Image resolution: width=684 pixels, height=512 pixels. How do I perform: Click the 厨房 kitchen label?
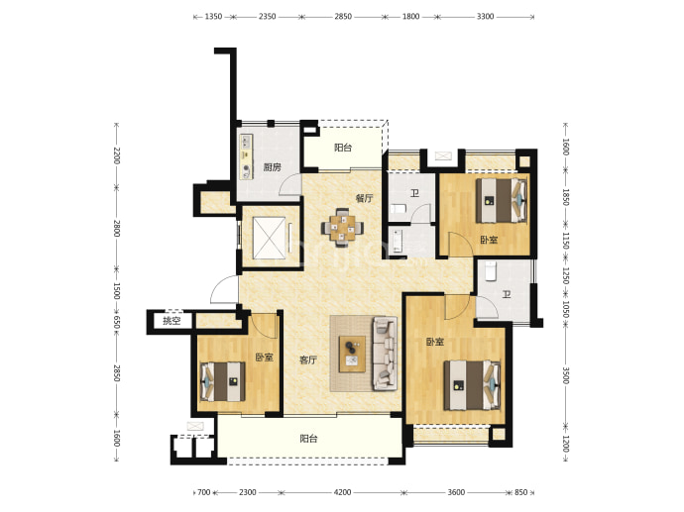pos(273,167)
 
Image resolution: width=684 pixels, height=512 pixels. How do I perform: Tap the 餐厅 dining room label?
pos(364,198)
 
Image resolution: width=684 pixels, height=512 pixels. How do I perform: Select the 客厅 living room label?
pos(308,359)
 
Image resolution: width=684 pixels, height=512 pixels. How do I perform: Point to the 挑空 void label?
pos(171,321)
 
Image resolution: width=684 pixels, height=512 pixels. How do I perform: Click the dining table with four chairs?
pos(342,228)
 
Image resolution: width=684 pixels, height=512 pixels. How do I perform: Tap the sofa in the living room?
pos(385,354)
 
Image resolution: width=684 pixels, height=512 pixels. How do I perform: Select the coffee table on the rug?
pos(353,354)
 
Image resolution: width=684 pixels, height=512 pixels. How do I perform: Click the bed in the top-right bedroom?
pos(502,200)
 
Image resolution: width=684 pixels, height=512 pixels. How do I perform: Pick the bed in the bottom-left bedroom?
pos(222,381)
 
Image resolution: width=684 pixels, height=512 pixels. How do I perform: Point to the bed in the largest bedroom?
pos(472,385)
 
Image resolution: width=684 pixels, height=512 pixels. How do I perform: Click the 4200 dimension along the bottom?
pos(342,492)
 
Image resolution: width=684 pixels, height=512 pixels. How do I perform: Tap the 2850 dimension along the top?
pos(343,17)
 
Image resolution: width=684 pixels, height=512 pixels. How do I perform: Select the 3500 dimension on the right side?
pos(566,375)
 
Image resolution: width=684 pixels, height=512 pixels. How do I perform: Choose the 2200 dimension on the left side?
pos(116,155)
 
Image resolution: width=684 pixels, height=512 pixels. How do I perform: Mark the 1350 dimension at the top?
pos(213,17)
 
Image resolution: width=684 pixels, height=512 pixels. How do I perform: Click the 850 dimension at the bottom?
pos(520,492)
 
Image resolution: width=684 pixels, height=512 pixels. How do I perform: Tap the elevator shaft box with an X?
pos(270,238)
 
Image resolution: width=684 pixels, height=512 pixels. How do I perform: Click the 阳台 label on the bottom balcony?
pos(308,439)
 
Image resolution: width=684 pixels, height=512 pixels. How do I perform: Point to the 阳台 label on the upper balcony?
pos(343,148)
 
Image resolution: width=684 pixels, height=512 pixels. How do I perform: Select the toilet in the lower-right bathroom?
pos(491,270)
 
